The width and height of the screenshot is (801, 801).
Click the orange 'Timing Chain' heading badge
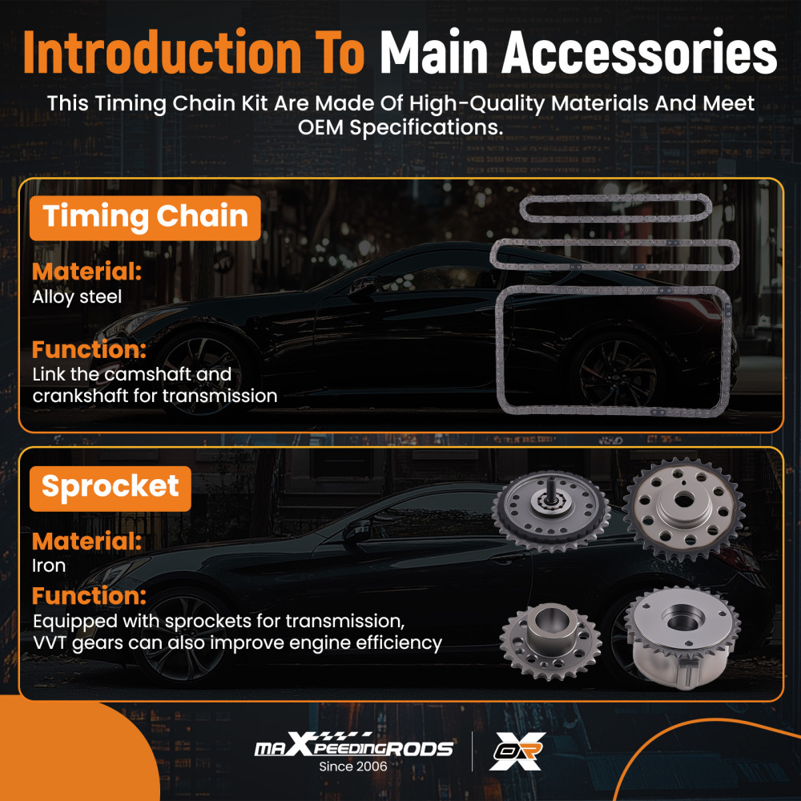(x=145, y=218)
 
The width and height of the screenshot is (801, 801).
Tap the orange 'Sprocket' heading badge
(x=111, y=488)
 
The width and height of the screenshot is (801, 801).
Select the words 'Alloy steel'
(x=77, y=297)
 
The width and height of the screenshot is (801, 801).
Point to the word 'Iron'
(x=49, y=566)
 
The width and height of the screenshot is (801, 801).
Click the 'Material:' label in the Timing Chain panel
(x=87, y=271)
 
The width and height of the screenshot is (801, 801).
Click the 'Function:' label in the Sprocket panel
(x=89, y=596)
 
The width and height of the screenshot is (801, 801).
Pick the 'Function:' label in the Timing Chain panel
(x=89, y=349)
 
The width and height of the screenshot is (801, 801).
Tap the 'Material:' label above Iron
(x=87, y=541)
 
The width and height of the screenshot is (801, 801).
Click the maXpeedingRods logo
(x=353, y=747)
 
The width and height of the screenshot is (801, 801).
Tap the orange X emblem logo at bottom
(x=517, y=751)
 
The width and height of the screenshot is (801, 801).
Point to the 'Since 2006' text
(x=353, y=767)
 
